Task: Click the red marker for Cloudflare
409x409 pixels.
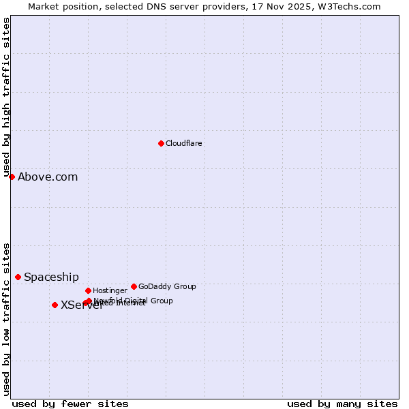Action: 161,143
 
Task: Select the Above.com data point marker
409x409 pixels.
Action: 12,177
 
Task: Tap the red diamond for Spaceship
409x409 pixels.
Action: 18,277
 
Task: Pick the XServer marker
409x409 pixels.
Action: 55,305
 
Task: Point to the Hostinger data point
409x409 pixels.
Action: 88,290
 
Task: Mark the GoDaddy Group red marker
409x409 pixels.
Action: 134,286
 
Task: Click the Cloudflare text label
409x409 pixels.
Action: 184,143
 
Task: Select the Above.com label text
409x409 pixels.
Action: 48,177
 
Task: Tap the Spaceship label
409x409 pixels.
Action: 51,277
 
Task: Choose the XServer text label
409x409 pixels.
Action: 81,305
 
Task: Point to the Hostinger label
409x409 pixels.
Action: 110,290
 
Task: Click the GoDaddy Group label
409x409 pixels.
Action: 167,286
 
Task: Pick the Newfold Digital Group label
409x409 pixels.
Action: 134,301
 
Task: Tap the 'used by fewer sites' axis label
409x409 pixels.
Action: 70,404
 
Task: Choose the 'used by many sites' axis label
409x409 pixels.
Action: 342,404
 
